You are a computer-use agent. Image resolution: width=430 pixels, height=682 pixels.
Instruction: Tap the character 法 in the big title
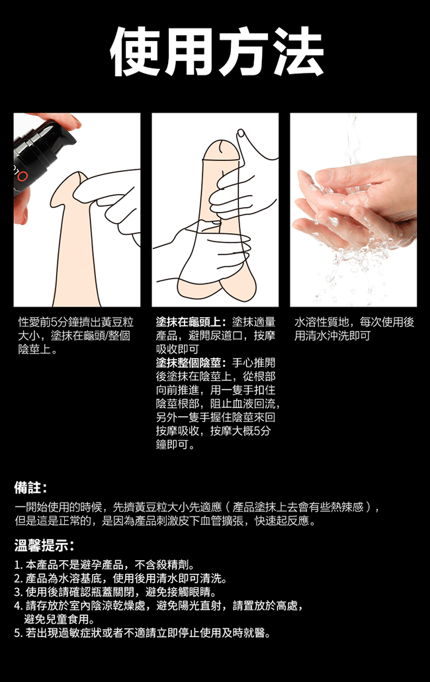click(x=297, y=51)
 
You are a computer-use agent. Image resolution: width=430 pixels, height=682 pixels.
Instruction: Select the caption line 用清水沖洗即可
click(x=332, y=336)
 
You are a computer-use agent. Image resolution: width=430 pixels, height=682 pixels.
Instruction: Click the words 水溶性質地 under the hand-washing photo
click(x=322, y=322)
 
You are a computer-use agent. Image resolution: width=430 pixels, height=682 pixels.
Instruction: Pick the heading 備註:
click(x=30, y=487)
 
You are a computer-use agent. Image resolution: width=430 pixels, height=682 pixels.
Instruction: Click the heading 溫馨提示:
click(x=44, y=545)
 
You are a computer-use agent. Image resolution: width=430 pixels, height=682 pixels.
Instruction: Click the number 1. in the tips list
click(x=19, y=565)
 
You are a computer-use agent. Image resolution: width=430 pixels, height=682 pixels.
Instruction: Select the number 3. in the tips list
click(x=19, y=593)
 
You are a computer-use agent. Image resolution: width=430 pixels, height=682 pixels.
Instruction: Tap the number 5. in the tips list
click(x=19, y=633)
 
